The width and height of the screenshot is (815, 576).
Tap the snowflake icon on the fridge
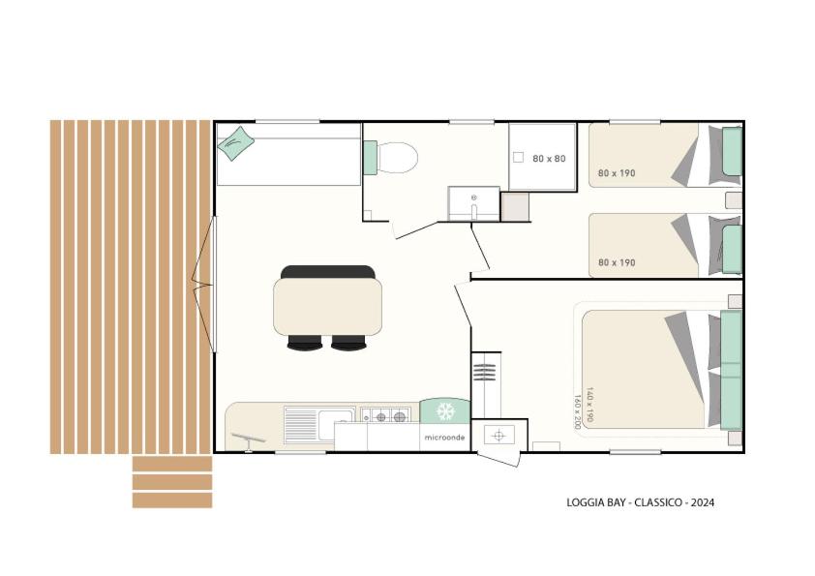[445, 411]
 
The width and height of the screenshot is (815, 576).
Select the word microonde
[444, 438]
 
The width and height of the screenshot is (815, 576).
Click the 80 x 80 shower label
[549, 159]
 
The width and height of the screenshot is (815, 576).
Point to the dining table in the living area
[327, 307]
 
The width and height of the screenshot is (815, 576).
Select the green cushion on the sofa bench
[235, 143]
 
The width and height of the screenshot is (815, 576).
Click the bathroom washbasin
[473, 204]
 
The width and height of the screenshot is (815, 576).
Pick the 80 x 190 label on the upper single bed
[617, 173]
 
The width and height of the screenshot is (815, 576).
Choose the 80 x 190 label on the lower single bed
[617, 262]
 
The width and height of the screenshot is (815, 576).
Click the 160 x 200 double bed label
[577, 411]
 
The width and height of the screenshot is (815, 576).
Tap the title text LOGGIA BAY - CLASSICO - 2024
[640, 502]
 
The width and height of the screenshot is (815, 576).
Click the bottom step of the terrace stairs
[172, 500]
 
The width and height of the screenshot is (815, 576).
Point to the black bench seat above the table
[327, 272]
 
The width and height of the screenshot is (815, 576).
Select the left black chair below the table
[305, 343]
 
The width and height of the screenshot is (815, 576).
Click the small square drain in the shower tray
[518, 157]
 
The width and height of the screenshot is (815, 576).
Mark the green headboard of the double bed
[731, 370]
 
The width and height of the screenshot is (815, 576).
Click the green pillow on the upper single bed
[733, 151]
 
